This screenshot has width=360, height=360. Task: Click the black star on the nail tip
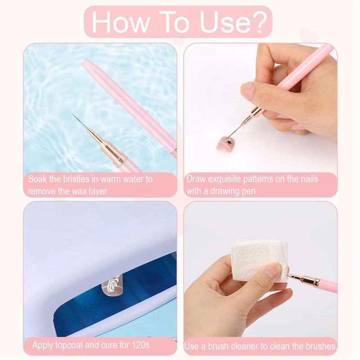coord(228,143)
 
